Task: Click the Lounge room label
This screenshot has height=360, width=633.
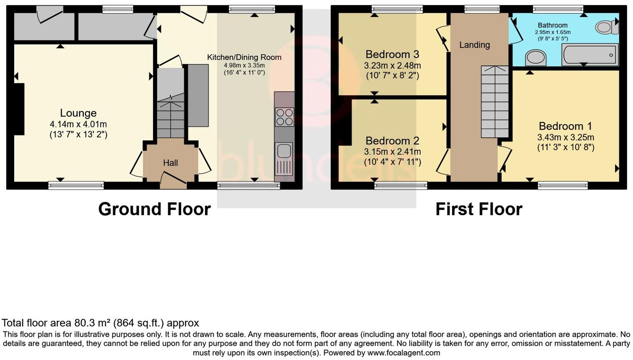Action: pyautogui.click(x=78, y=113)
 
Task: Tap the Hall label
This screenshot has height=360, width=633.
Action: pyautogui.click(x=170, y=163)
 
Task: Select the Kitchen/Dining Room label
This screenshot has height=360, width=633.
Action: pyautogui.click(x=244, y=57)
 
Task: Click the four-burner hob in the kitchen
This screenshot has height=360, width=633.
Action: pyautogui.click(x=284, y=117)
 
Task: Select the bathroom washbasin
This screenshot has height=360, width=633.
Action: pyautogui.click(x=536, y=58)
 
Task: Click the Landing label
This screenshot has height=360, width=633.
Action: pyautogui.click(x=474, y=45)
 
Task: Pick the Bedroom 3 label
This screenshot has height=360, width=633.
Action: pyautogui.click(x=392, y=55)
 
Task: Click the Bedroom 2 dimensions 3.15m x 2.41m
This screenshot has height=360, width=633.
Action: pyautogui.click(x=392, y=152)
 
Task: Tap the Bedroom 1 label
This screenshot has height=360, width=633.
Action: pyautogui.click(x=565, y=126)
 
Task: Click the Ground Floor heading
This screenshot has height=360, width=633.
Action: pyautogui.click(x=154, y=209)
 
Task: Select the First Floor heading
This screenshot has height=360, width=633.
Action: pyautogui.click(x=478, y=209)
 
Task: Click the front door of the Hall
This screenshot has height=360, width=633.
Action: pyautogui.click(x=173, y=179)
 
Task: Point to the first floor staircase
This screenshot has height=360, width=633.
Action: pyautogui.click(x=495, y=102)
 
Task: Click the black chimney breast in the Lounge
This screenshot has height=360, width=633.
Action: pyautogui.click(x=19, y=109)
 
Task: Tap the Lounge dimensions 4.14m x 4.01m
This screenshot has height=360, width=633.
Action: pyautogui.click(x=78, y=124)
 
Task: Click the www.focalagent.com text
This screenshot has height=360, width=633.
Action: pyautogui.click(x=404, y=353)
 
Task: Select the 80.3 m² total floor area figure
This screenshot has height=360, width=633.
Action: pyautogui.click(x=92, y=323)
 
